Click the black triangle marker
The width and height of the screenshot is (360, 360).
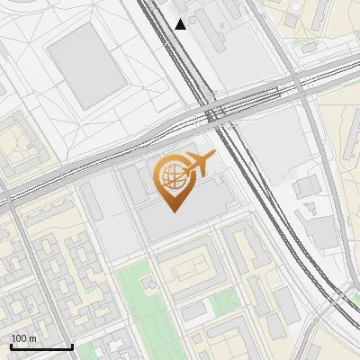(x=181, y=24)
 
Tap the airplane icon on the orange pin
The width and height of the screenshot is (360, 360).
(x=199, y=164)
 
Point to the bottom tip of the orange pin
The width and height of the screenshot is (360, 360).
(x=171, y=212)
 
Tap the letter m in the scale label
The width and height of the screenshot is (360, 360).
(x=32, y=338)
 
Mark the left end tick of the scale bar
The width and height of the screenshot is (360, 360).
(x=11, y=346)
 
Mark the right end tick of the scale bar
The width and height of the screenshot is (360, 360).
(x=72, y=346)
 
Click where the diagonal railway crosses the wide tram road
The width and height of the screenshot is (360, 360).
(x=215, y=112)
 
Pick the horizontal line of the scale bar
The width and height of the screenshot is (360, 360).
(x=41, y=347)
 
